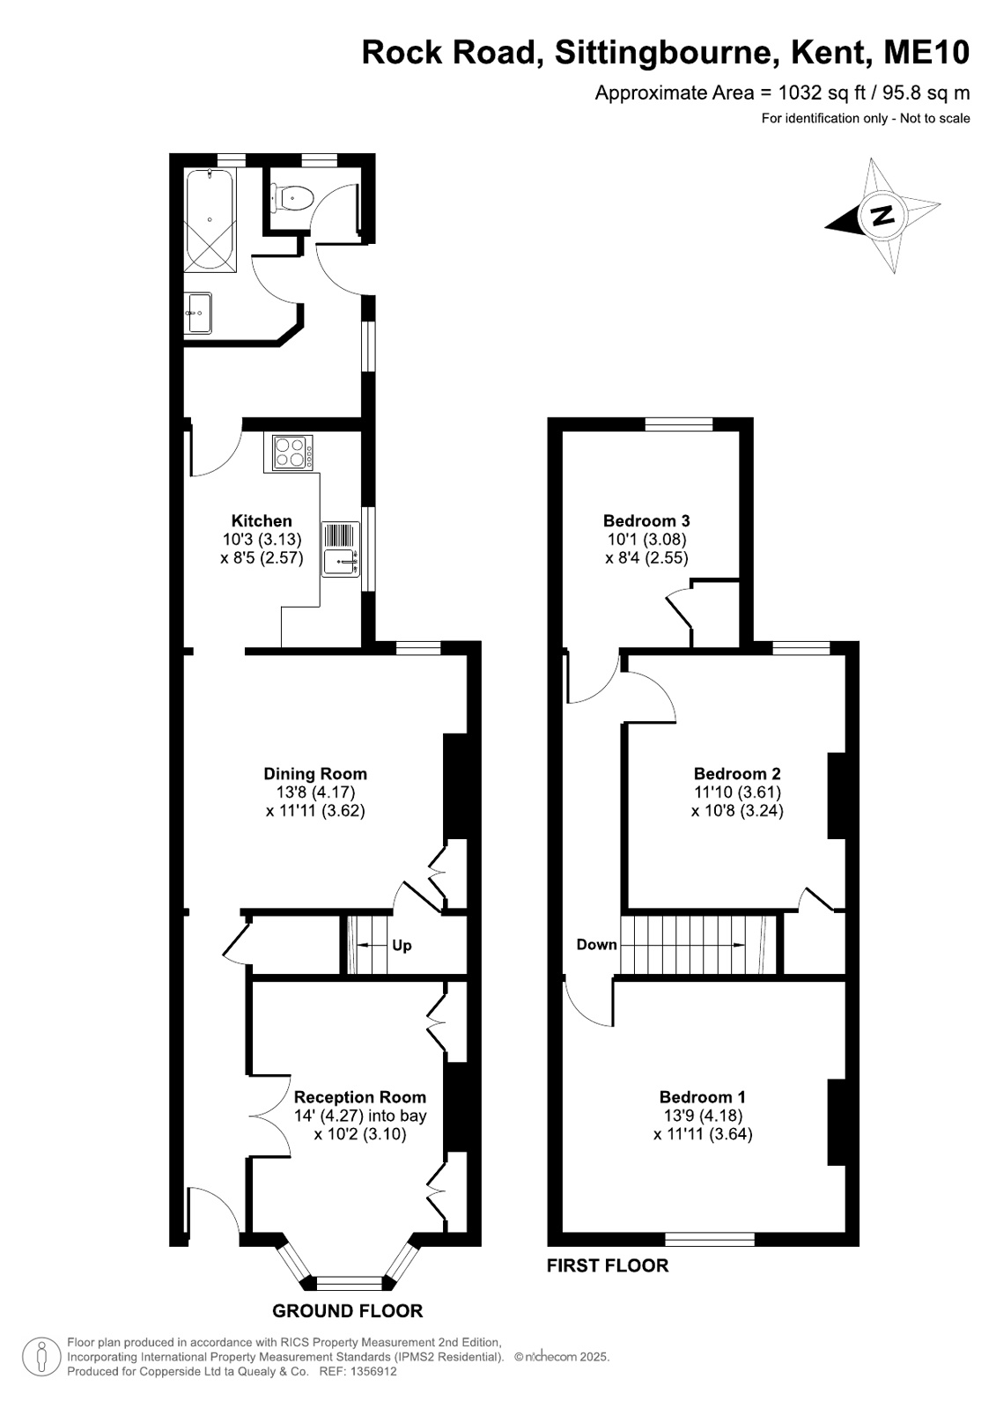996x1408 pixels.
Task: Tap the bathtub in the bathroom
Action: [x=210, y=220]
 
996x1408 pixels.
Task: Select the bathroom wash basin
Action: [x=198, y=313]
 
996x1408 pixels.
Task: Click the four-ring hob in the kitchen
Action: [x=292, y=452]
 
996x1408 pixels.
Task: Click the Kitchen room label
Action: [x=262, y=520]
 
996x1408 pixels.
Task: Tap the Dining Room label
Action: [x=315, y=773]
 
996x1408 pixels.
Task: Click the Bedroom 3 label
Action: [x=646, y=520]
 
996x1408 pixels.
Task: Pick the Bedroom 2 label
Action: [x=737, y=773]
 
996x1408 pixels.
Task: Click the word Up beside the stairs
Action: [x=402, y=946]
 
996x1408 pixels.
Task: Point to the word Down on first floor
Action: [x=597, y=944]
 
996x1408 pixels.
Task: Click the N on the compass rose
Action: [x=883, y=215]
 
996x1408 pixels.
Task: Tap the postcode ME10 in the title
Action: [x=926, y=53]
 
